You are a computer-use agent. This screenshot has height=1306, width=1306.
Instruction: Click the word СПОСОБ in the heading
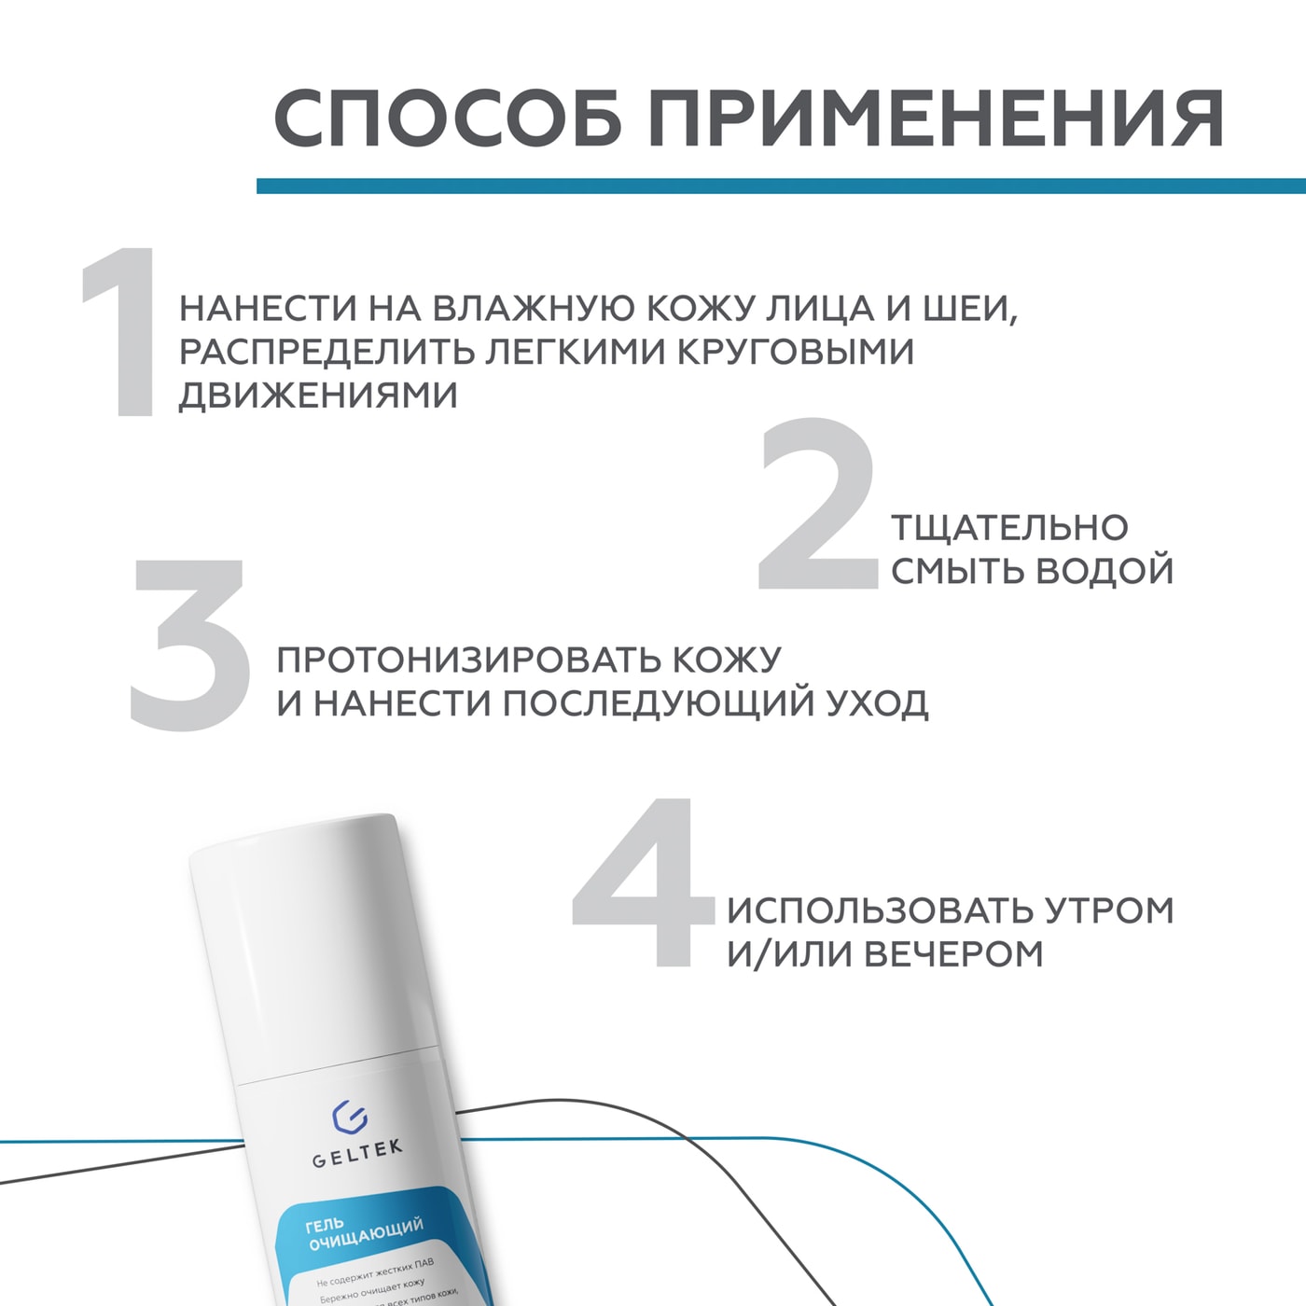(447, 118)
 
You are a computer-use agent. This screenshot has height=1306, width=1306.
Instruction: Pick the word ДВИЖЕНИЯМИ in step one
(318, 396)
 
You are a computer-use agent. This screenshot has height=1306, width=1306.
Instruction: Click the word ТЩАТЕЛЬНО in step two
(1009, 528)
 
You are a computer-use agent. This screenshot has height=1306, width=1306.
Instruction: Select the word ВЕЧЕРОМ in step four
(952, 954)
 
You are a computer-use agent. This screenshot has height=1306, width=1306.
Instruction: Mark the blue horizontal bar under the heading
(781, 187)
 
